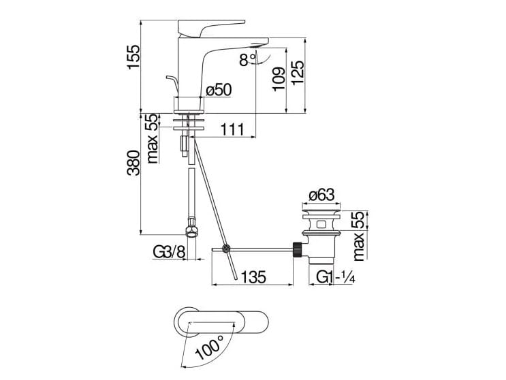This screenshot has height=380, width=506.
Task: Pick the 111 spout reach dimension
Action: (232, 129)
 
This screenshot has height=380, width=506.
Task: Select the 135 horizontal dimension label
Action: (253, 277)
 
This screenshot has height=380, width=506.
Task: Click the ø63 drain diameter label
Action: (321, 196)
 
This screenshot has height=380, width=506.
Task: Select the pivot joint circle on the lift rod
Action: (227, 249)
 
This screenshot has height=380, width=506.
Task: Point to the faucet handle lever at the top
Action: (204, 27)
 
